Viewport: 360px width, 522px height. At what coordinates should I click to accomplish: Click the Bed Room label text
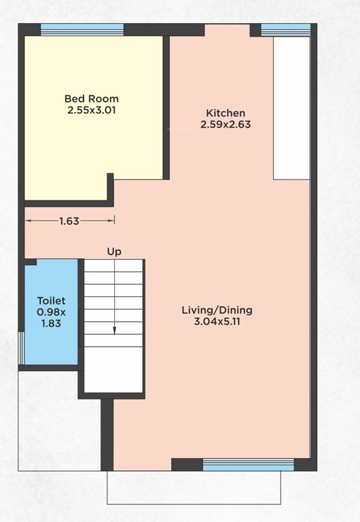pos(91,99)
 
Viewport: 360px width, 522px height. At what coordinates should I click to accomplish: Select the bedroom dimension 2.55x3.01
pos(91,109)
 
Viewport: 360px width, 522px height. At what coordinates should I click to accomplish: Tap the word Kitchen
pos(226,113)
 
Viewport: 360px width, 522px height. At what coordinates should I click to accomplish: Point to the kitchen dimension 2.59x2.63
pos(226,124)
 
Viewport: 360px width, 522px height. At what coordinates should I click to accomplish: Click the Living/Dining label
pos(217,310)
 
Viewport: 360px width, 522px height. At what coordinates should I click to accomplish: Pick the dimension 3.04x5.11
pos(217,321)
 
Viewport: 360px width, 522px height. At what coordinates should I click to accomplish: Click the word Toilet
pos(51,300)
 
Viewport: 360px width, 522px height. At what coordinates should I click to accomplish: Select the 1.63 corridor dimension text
pos(70,220)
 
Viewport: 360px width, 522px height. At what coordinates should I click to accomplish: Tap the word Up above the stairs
pos(114,251)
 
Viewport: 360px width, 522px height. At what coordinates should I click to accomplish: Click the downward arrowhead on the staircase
pos(114,331)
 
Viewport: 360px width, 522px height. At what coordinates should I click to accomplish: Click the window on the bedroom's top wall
pos(82,30)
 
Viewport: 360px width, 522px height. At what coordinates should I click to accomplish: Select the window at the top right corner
pos(286,30)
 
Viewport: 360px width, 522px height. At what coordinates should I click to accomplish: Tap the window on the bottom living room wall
pos(249,465)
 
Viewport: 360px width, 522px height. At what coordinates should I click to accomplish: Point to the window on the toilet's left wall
pos(21,347)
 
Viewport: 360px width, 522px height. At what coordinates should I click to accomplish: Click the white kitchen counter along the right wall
pos(291,109)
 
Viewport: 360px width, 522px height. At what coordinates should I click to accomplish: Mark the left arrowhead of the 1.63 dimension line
pos(29,220)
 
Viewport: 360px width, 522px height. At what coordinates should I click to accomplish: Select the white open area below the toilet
pos(59,421)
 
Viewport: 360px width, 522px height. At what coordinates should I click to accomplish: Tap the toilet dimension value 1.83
pos(51,324)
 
